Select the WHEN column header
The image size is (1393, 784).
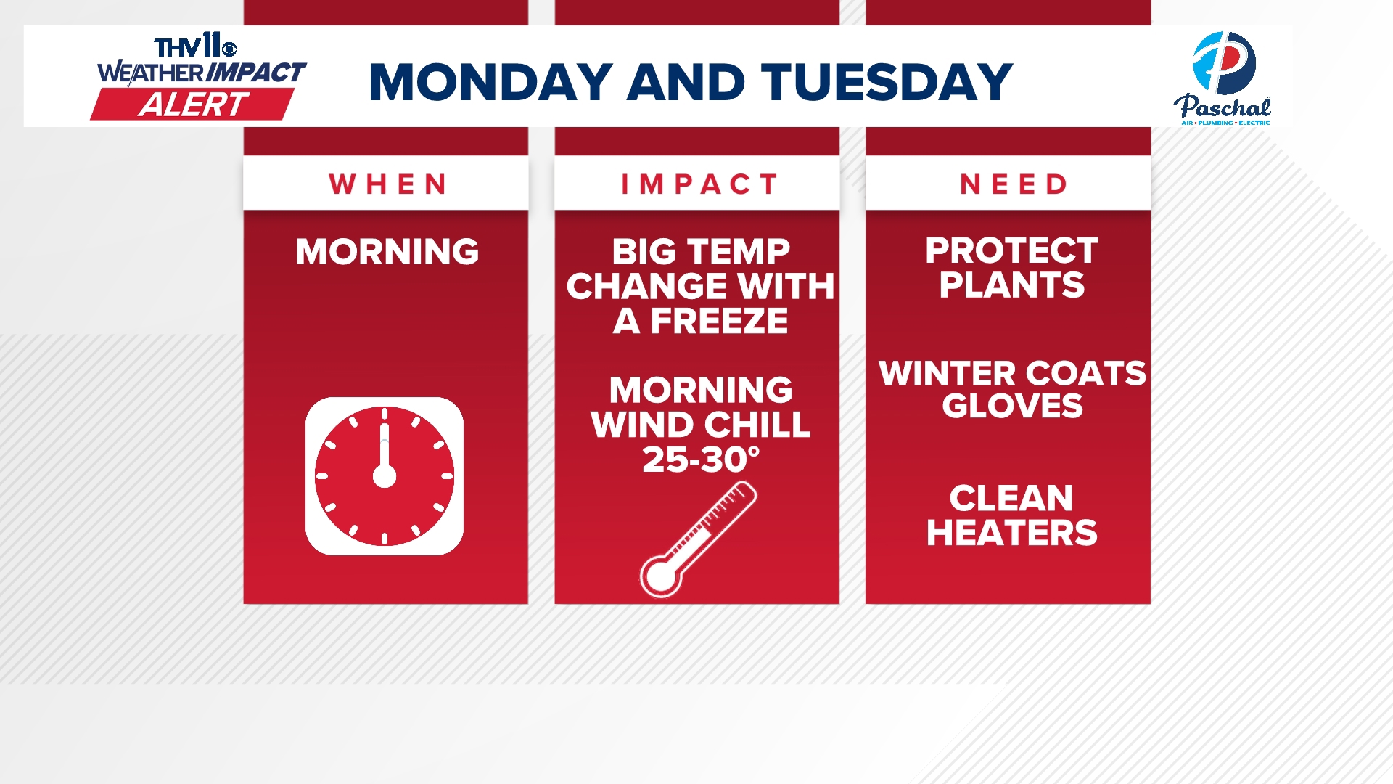point(387,184)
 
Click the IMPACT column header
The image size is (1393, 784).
point(699,184)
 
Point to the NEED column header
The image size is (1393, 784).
point(1014,184)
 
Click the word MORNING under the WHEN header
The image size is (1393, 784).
point(387,252)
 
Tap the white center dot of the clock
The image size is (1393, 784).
point(385,477)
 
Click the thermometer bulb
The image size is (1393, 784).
point(661,576)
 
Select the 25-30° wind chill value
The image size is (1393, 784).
point(701,460)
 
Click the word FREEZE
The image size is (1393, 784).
point(718,322)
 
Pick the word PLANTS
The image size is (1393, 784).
point(1011,285)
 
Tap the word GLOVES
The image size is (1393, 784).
point(1012,406)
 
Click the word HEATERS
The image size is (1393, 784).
point(1011,533)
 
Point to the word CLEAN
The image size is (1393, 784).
point(1011,499)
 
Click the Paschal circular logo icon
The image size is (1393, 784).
point(1223,62)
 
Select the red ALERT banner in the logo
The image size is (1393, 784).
point(193,105)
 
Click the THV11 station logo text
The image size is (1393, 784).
point(194,47)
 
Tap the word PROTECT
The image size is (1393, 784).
point(1011,251)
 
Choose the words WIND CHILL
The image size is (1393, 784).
point(701,425)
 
